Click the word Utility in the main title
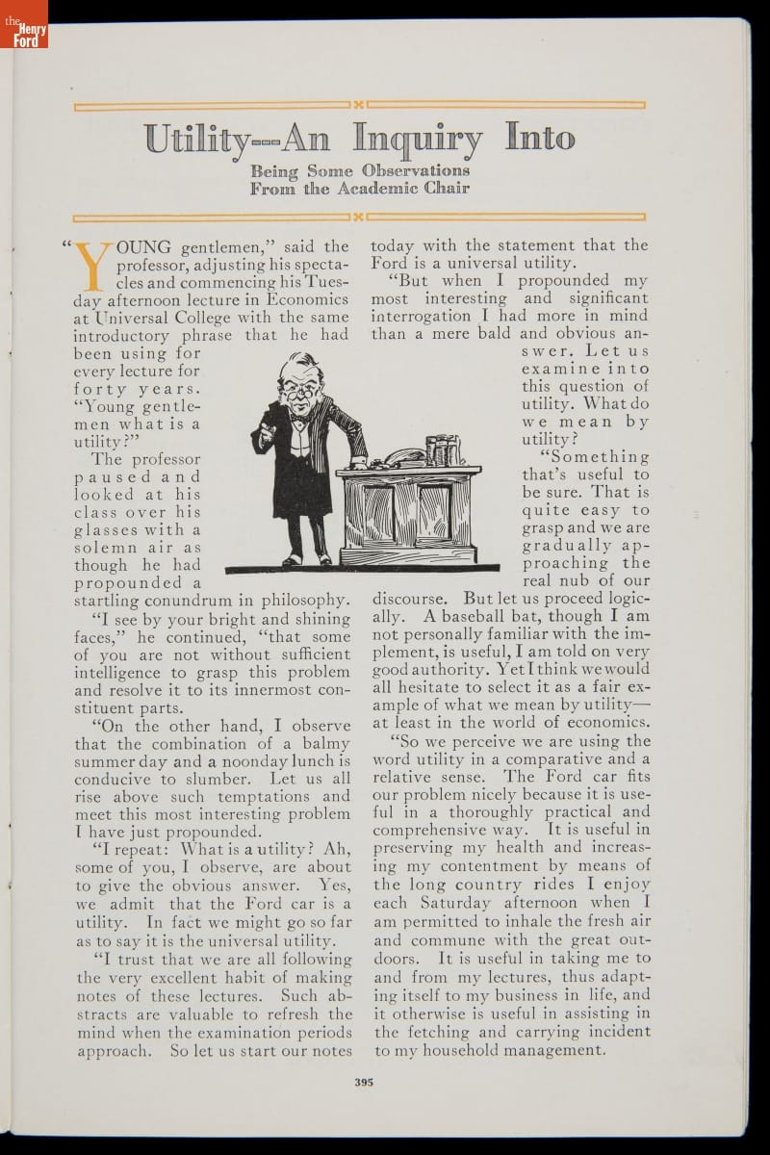click(197, 141)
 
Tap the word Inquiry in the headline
click(418, 141)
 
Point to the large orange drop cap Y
click(93, 266)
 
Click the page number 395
click(363, 1082)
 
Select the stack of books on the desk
click(443, 449)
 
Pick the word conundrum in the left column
click(232, 601)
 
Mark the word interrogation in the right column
click(421, 317)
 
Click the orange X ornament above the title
click(358, 104)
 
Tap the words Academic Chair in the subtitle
click(399, 189)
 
